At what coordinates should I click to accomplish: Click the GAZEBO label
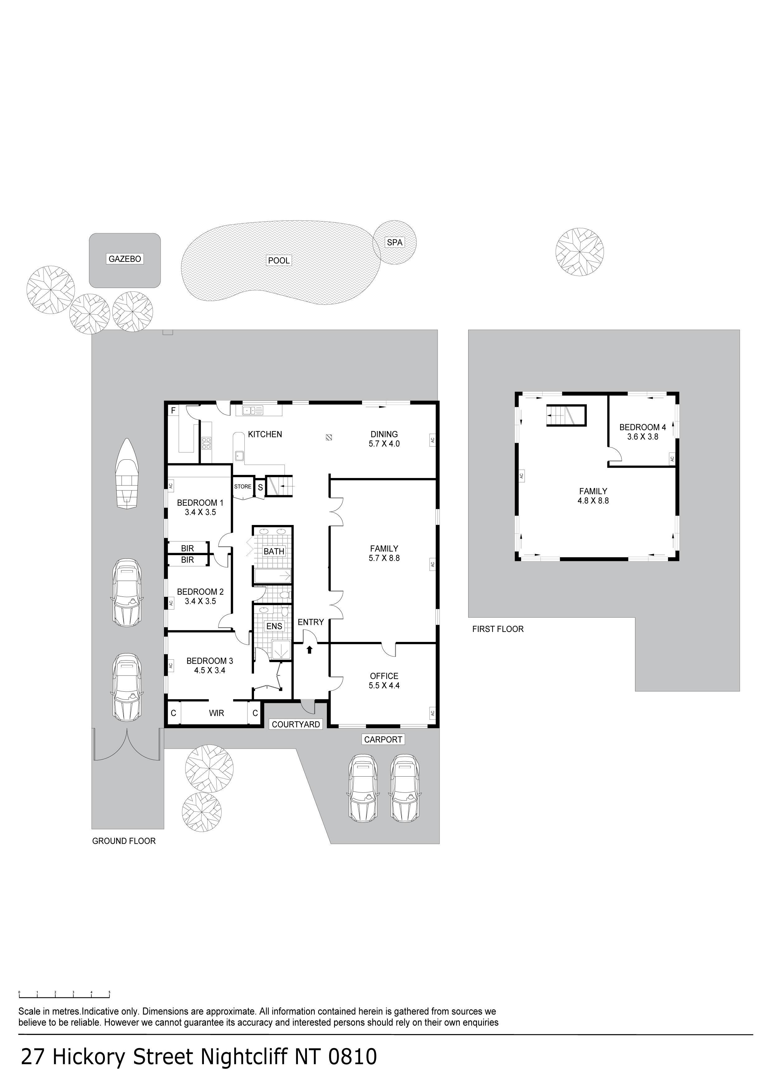[125, 259]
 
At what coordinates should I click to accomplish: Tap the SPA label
[395, 242]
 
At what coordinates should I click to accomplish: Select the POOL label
[279, 260]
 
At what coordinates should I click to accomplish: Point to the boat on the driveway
[126, 474]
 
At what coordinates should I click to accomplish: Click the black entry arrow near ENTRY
[310, 649]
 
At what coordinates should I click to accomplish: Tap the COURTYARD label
[296, 724]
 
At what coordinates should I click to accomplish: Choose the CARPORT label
[384, 739]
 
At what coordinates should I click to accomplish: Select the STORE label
[242, 487]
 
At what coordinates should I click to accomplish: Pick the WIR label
[216, 713]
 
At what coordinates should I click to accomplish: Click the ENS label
[274, 626]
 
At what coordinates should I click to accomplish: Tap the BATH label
[274, 551]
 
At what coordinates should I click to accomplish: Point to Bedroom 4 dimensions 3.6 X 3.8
[643, 436]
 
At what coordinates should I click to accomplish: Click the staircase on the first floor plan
[566, 415]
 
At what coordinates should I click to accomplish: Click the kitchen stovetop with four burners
[207, 443]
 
